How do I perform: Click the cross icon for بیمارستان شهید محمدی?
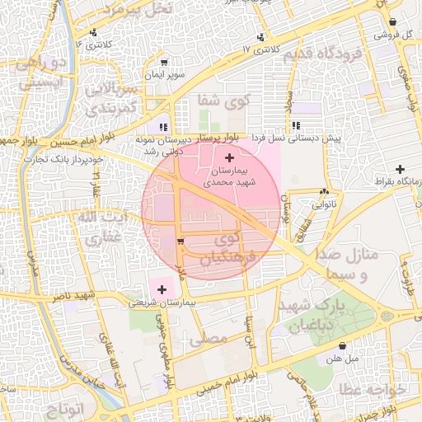[x=228, y=157]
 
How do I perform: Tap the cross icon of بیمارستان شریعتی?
[x=162, y=289]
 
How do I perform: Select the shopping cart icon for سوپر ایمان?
[x=164, y=63]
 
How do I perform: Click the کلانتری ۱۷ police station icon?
[x=261, y=36]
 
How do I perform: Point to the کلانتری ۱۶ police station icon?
[x=93, y=32]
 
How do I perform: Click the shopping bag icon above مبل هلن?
[x=342, y=345]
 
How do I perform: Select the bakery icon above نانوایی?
[x=326, y=190]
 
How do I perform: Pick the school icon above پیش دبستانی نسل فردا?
[x=295, y=125]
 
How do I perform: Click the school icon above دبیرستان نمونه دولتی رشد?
[x=164, y=126]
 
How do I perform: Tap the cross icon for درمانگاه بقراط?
[x=400, y=169]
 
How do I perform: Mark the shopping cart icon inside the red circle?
[x=181, y=241]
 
